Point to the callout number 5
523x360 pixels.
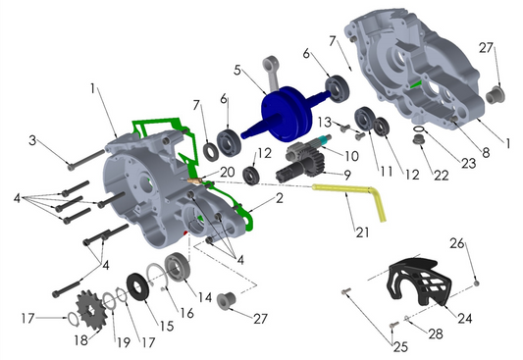[x=237, y=71]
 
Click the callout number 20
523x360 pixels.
[x=228, y=171]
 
